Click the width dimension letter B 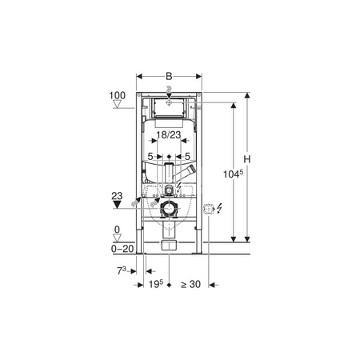pyautogui.click(x=169, y=77)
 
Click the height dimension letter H pyautogui.click(x=247, y=159)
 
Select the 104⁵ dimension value pyautogui.click(x=233, y=174)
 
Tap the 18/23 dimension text pyautogui.click(x=169, y=135)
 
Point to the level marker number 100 pyautogui.click(x=118, y=95)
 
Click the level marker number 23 pyautogui.click(x=117, y=196)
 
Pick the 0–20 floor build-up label pyautogui.click(x=122, y=249)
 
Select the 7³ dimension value pyautogui.click(x=122, y=271)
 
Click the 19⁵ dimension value pyautogui.click(x=156, y=284)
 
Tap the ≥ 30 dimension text pyautogui.click(x=190, y=285)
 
